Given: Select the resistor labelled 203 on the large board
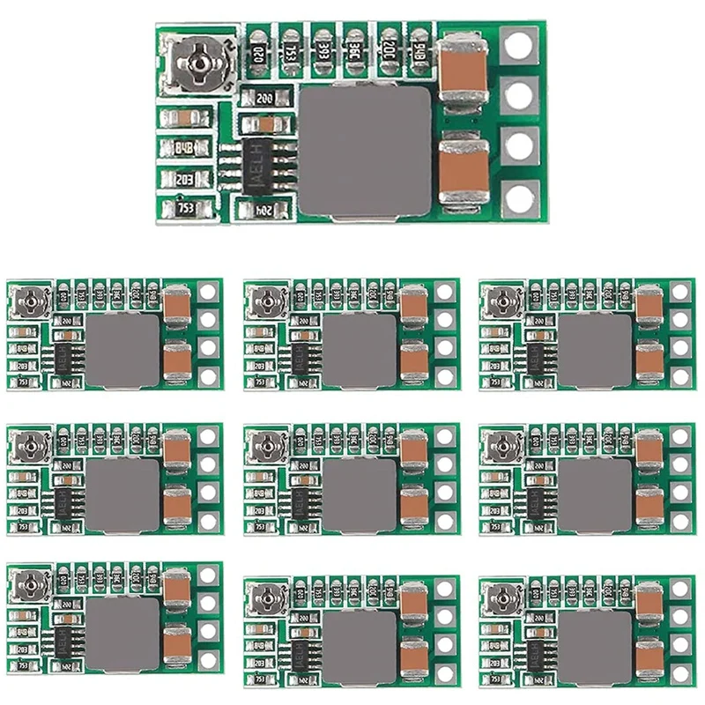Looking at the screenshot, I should (x=185, y=179).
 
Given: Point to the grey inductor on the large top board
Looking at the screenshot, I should (x=366, y=153).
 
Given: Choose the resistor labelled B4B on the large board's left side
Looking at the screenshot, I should (x=185, y=148).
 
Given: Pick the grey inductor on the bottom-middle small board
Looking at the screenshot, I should (x=359, y=646).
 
